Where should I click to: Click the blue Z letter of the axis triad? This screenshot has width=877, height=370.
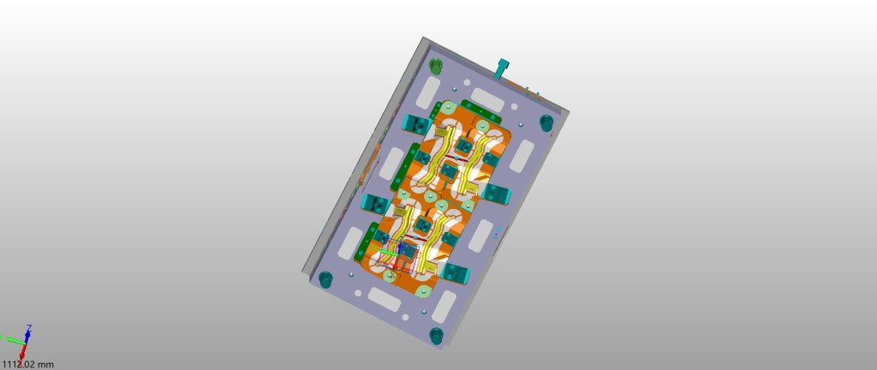coord(29,327)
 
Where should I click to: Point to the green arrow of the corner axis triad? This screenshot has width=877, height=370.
coord(15,339)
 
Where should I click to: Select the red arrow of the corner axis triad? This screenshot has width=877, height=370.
coord(23,350)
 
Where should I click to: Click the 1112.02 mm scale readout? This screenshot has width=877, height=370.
coord(27,365)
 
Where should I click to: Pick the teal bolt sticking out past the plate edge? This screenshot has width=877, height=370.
coord(503,69)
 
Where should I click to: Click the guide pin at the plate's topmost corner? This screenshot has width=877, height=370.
coord(436,65)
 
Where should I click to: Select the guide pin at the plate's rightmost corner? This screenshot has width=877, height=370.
coord(546,122)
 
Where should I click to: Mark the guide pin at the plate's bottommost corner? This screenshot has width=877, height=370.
coord(436,336)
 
